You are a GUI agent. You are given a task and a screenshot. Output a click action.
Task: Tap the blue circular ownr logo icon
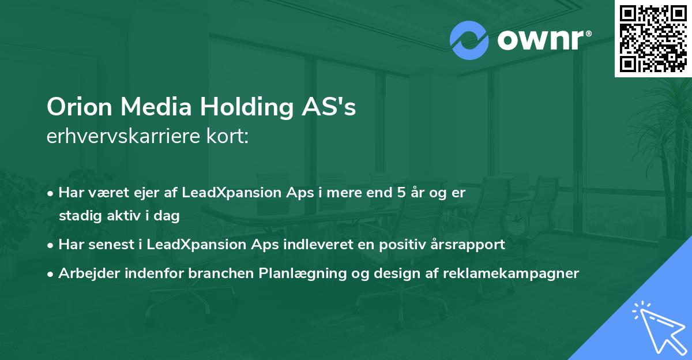tap(469, 40)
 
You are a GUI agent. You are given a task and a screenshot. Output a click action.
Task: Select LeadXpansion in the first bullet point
tap(220, 193)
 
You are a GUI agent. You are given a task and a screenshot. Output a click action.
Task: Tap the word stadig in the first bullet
tap(77, 216)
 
